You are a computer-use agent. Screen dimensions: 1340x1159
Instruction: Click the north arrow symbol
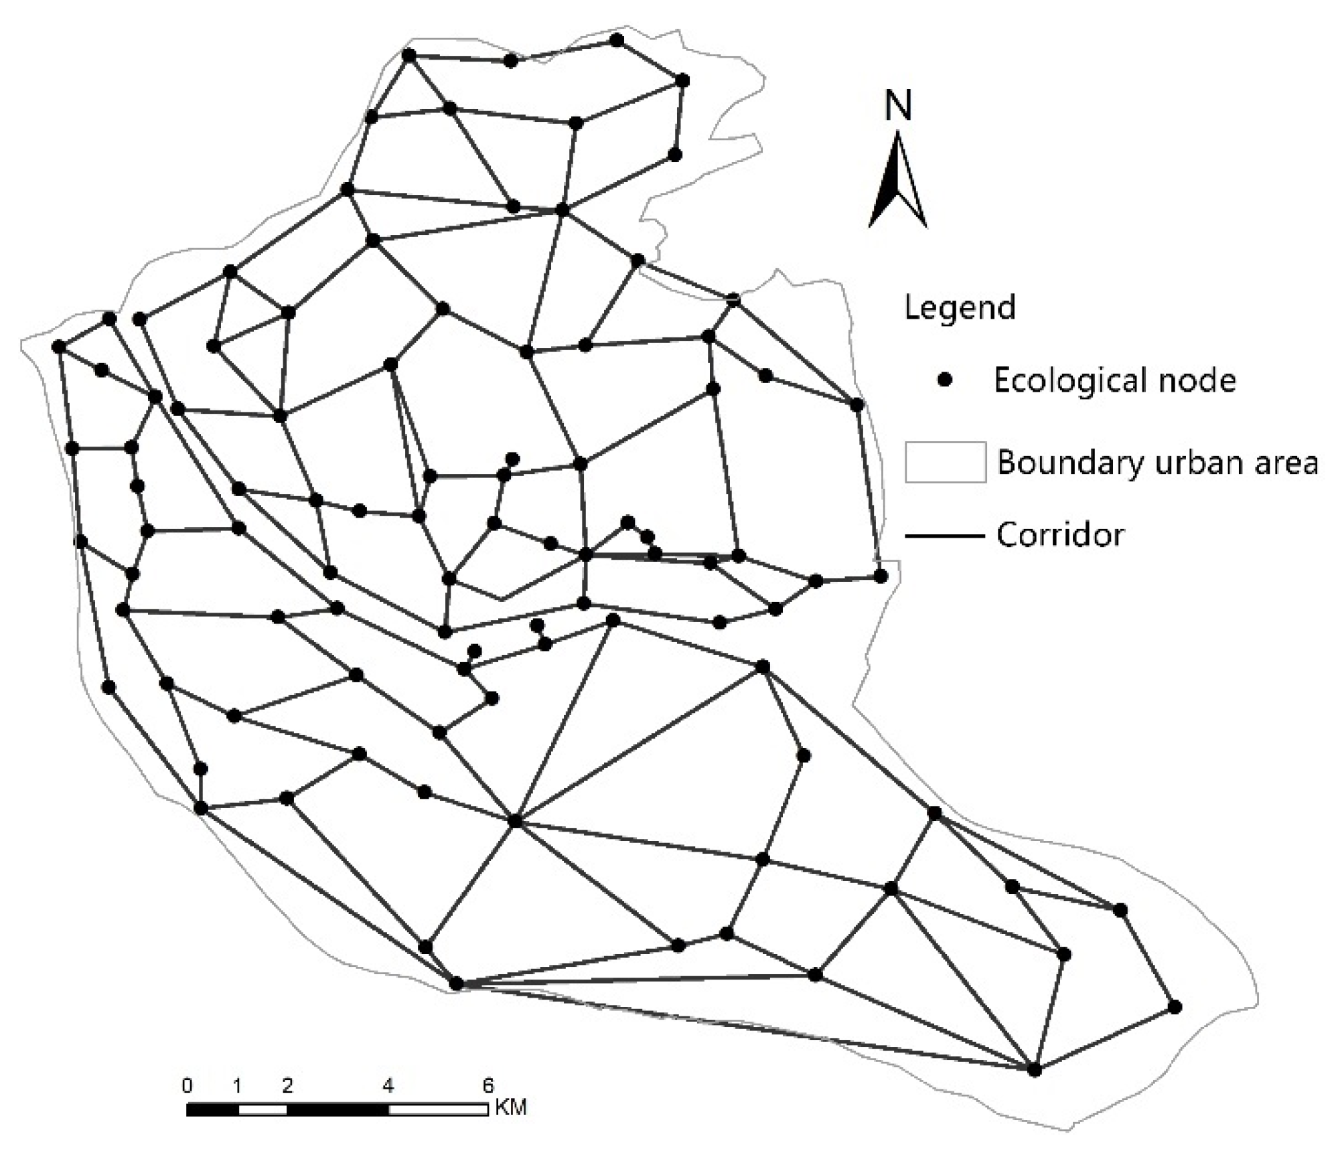[897, 181]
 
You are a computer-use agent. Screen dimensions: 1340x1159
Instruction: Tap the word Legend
[959, 308]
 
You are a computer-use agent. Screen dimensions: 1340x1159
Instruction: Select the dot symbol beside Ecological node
[945, 380]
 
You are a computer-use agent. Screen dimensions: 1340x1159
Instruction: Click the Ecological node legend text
[1114, 380]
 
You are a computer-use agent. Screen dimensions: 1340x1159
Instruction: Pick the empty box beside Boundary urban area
[945, 462]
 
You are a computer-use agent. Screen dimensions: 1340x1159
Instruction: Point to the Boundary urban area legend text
[1157, 463]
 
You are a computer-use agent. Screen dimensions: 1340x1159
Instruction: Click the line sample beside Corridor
[945, 536]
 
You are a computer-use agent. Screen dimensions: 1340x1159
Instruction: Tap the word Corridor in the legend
[1059, 535]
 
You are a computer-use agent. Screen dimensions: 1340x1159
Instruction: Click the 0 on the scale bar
[188, 1085]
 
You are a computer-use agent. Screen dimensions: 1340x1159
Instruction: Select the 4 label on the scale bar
[388, 1085]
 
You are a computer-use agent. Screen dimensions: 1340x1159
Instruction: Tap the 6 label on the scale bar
[488, 1085]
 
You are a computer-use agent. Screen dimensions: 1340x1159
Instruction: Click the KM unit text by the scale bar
[511, 1107]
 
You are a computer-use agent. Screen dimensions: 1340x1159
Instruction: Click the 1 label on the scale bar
[237, 1085]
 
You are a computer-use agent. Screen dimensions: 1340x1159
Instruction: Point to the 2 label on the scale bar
[287, 1085]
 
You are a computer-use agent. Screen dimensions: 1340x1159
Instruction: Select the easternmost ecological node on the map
[1175, 1007]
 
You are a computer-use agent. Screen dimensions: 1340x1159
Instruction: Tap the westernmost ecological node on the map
[59, 347]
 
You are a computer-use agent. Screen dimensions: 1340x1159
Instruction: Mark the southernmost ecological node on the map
[1035, 1070]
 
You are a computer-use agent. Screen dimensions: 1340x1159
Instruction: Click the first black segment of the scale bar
[212, 1109]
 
